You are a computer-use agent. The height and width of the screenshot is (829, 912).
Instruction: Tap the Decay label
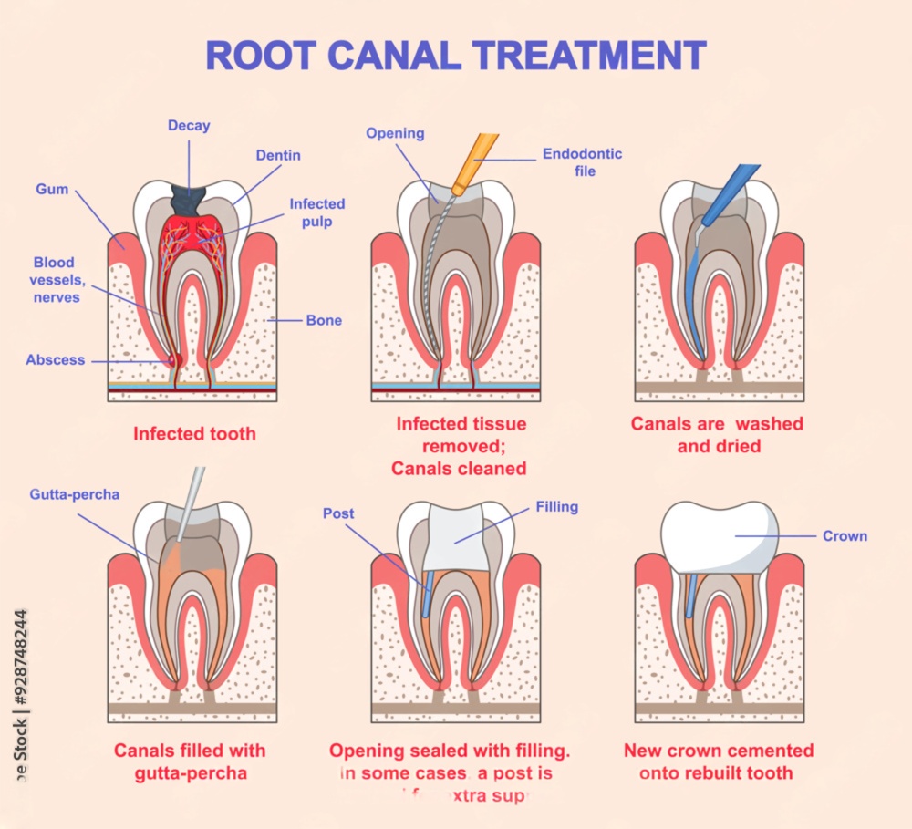189,126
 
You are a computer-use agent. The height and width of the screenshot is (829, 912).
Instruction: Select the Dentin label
278,156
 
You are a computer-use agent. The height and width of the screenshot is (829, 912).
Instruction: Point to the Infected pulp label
316,213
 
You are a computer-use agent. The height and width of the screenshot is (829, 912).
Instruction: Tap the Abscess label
55,359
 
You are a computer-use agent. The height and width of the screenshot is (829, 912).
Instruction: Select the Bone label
324,321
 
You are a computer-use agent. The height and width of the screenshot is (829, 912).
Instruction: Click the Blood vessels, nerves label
52,279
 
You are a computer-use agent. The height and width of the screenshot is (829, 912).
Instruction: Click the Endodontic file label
582,161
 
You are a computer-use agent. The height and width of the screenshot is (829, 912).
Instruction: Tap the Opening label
395,133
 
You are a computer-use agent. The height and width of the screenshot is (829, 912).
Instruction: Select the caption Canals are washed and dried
717,435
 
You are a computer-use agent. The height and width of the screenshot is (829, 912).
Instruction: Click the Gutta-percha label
74,495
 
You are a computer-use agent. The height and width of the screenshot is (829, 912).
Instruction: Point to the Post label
338,513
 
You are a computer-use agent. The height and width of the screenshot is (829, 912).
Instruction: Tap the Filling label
556,506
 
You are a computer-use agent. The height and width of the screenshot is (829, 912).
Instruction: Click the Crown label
845,536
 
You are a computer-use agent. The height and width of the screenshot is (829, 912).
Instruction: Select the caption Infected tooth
194,433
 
